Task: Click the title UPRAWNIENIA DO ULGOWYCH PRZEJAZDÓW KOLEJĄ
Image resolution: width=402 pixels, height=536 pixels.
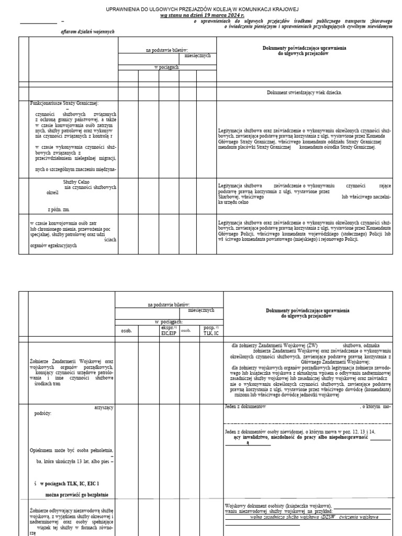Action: [202, 10]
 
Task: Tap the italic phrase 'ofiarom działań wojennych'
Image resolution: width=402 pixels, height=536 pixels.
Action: [87, 32]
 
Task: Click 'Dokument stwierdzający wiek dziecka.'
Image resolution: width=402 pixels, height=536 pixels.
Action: [304, 92]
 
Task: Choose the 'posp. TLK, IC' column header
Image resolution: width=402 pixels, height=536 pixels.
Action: [209, 330]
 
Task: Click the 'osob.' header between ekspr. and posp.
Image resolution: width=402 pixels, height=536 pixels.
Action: [186, 330]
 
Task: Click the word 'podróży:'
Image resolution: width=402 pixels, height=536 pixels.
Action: [43, 414]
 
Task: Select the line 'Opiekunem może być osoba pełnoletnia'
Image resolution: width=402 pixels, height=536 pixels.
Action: [72, 450]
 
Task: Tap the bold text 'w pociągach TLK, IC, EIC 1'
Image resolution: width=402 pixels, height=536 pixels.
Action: [66, 484]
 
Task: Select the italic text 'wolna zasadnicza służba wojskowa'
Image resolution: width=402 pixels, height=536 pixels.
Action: [304, 516]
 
